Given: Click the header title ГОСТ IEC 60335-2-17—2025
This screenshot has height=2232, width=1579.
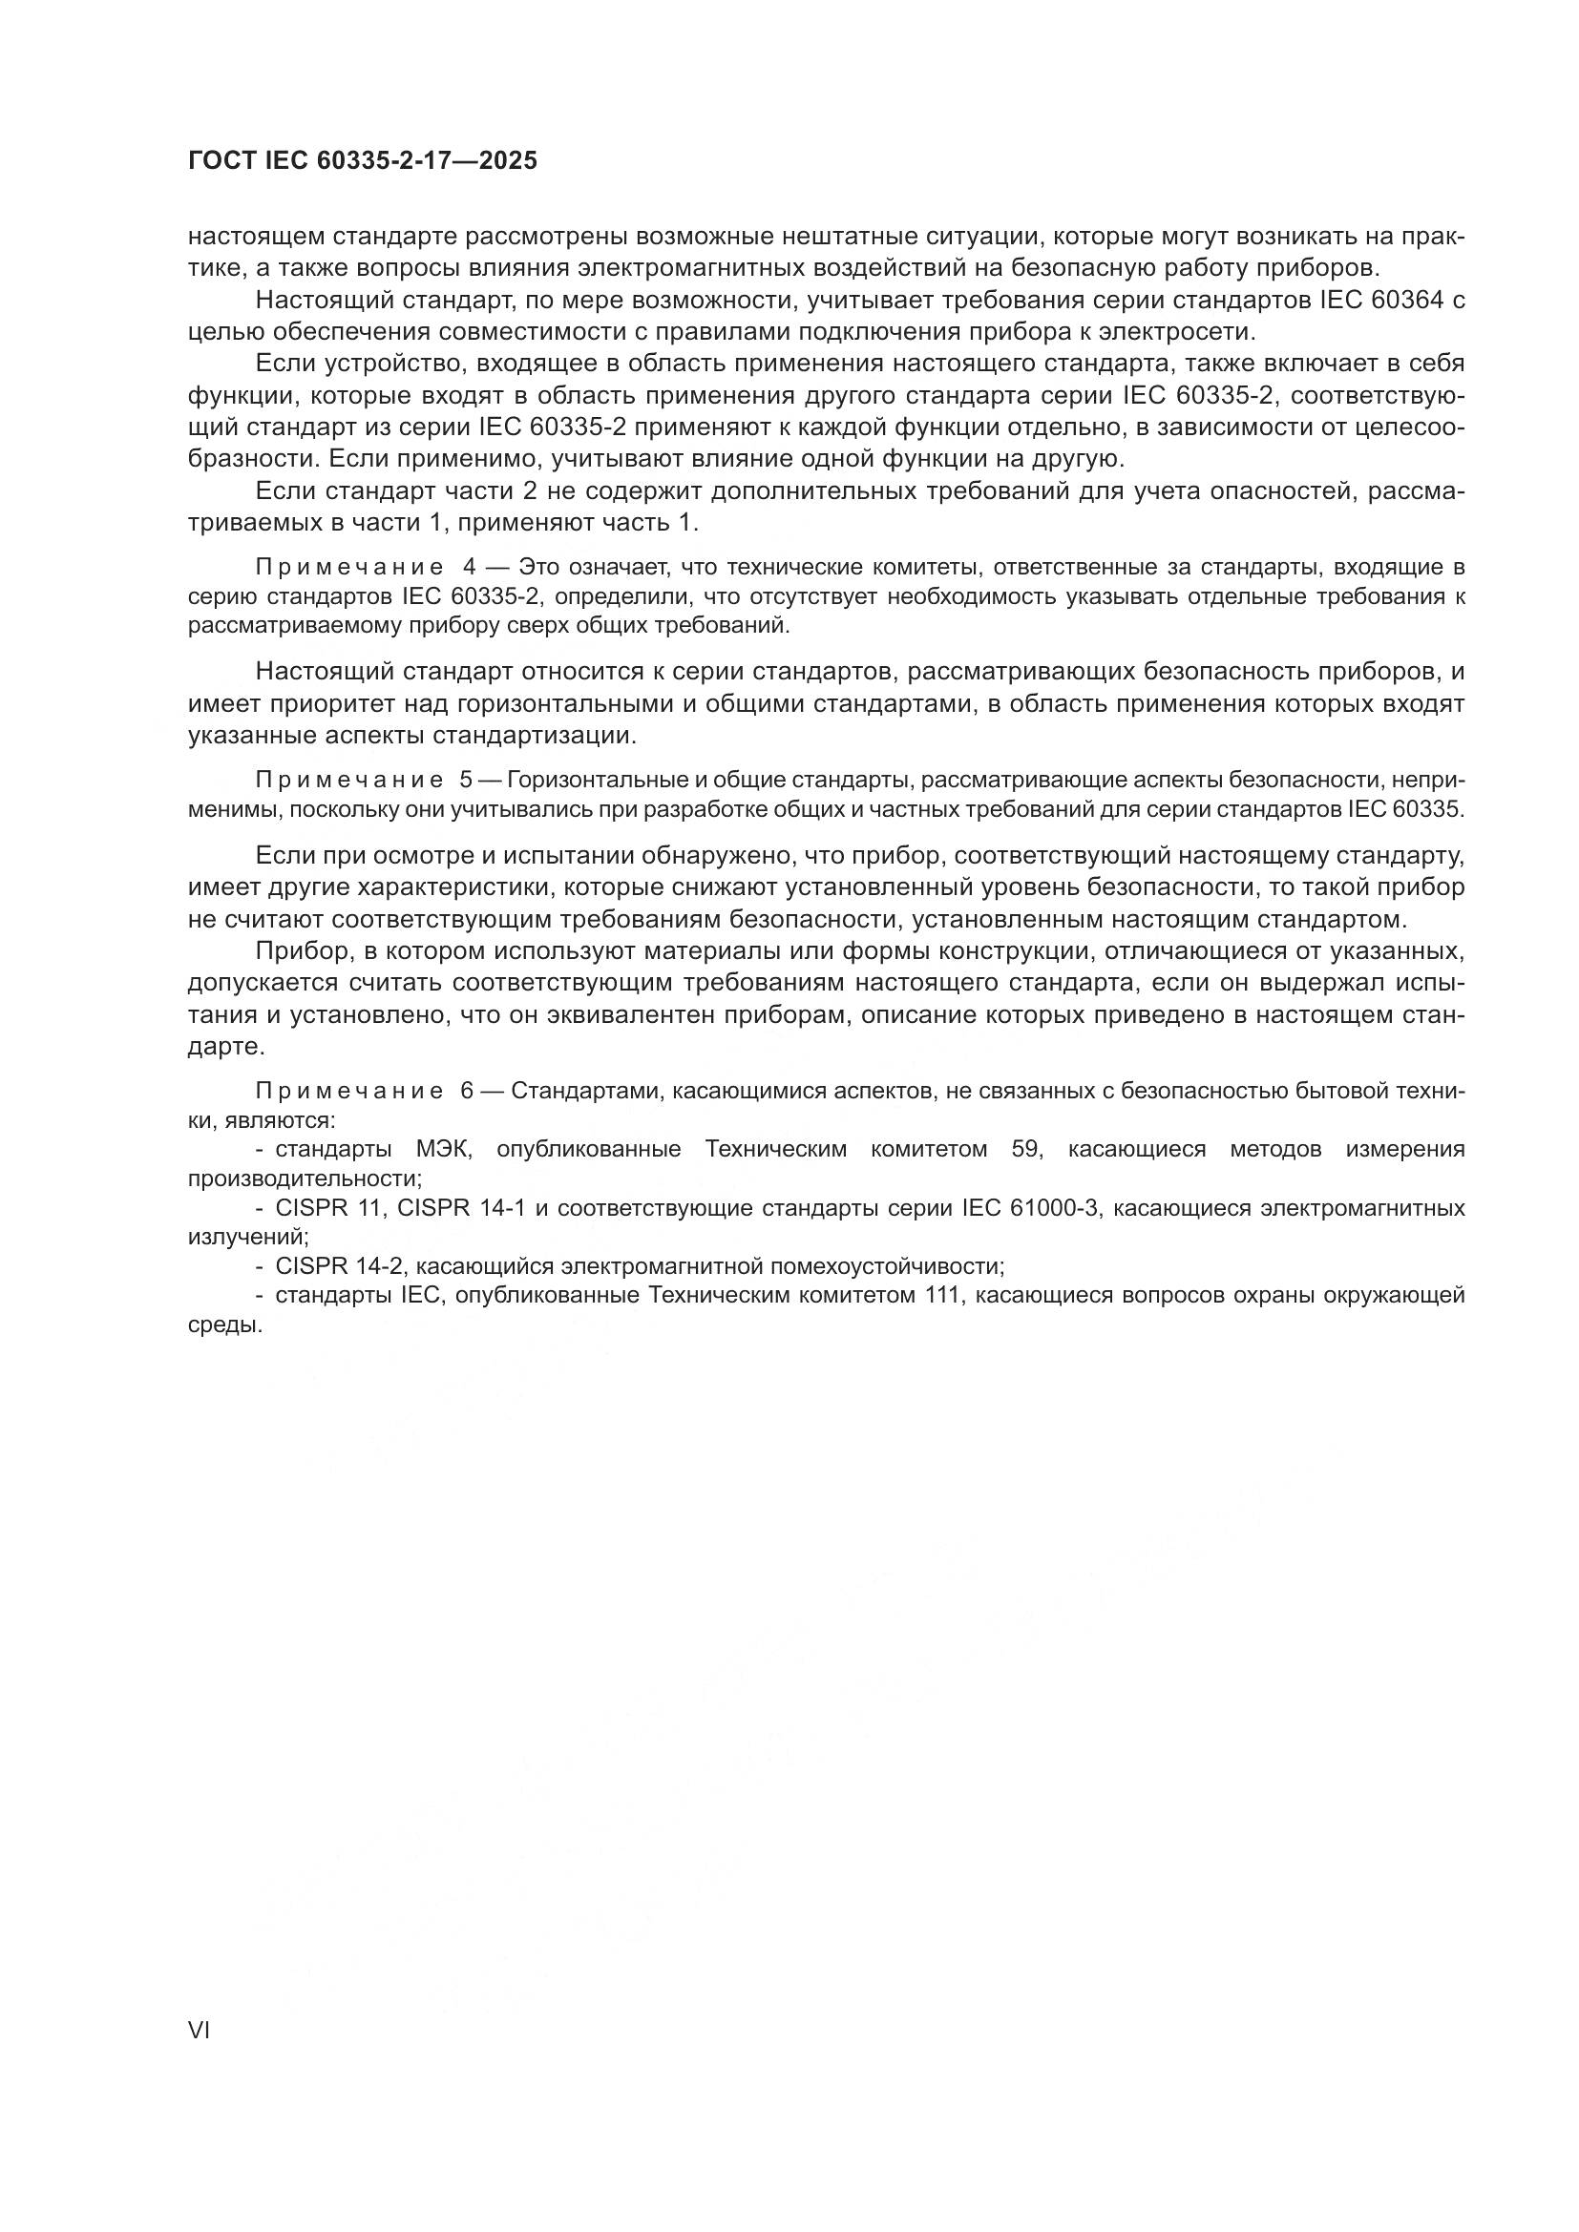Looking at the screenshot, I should (x=362, y=161).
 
